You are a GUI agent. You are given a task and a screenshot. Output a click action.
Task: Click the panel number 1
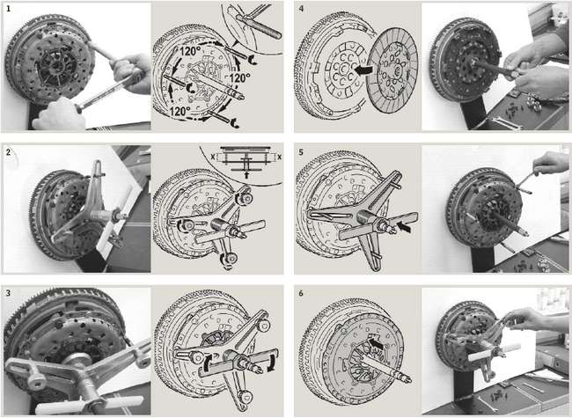(x=9, y=9)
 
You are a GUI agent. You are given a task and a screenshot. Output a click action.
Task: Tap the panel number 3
(x=9, y=293)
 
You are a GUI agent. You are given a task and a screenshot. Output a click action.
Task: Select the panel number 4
(x=301, y=9)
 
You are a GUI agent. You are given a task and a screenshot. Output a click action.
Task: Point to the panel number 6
(x=301, y=293)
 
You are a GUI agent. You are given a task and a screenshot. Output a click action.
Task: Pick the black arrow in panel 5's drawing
(x=406, y=227)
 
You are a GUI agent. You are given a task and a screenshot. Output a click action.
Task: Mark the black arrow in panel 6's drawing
(x=376, y=343)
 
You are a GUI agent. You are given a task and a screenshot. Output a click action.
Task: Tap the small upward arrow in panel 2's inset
(x=247, y=175)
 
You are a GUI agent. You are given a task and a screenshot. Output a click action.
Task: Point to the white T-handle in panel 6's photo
(x=495, y=352)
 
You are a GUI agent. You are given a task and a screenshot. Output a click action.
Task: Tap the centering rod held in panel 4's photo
(x=493, y=67)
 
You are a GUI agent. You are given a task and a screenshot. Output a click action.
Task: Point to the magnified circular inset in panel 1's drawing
(x=252, y=27)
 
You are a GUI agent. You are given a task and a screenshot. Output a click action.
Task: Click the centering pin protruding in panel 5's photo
(x=510, y=224)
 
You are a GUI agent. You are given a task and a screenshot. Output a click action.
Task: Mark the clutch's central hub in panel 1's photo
(x=55, y=66)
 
